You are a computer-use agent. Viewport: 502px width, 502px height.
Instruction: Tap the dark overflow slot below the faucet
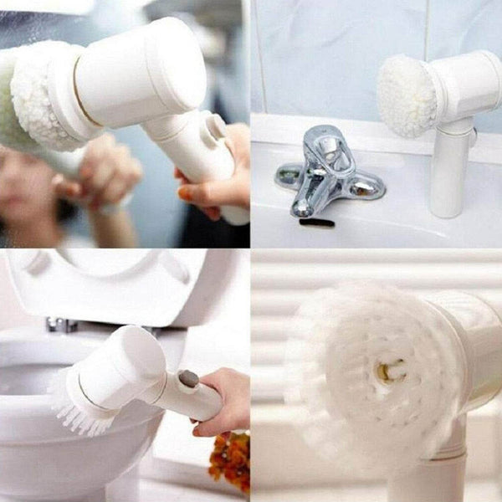click(x=316, y=223)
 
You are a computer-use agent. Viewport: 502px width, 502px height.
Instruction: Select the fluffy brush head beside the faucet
click(x=407, y=96)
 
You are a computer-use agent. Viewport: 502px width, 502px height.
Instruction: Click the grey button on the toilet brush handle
click(x=189, y=379)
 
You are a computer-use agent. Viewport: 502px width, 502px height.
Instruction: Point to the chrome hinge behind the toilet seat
click(x=60, y=325)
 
